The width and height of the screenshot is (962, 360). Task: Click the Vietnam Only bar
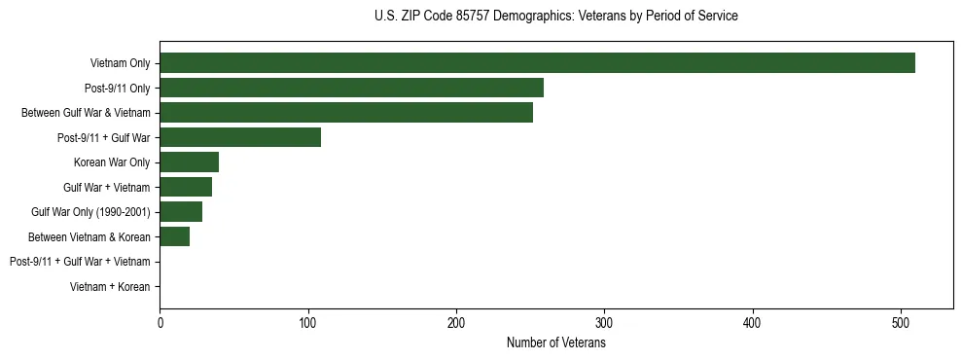tap(537, 63)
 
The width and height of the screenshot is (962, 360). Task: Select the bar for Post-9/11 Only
tap(351, 89)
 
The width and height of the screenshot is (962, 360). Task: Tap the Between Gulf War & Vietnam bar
tap(346, 113)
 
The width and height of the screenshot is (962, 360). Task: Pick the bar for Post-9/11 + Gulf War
tap(240, 137)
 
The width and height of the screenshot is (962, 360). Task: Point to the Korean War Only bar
tap(189, 162)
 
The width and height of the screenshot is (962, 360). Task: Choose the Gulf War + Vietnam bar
tap(186, 187)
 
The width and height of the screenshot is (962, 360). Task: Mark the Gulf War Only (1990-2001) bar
tap(181, 212)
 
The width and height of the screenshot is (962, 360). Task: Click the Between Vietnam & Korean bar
tap(174, 236)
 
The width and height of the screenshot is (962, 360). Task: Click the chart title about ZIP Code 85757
tap(555, 17)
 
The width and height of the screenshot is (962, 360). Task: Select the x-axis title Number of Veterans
tap(555, 343)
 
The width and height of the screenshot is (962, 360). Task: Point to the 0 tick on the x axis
tap(160, 323)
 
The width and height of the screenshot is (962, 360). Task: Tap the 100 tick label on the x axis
tap(308, 323)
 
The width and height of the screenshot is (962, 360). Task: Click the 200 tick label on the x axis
tap(456, 323)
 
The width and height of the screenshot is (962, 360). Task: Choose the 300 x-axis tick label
tap(605, 323)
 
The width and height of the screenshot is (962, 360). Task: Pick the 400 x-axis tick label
tap(753, 323)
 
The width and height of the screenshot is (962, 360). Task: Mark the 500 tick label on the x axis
tap(902, 323)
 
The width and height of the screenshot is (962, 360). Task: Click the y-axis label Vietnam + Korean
tap(110, 287)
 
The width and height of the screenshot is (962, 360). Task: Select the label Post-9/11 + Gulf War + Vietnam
tap(80, 262)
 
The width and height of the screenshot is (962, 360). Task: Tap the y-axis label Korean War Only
tap(112, 162)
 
